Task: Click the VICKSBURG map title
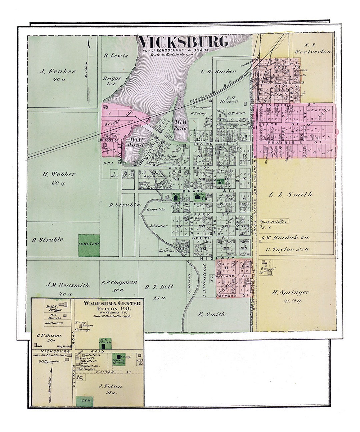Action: tap(183, 42)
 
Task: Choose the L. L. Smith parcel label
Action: tap(291, 194)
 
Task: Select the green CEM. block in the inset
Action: tap(84, 401)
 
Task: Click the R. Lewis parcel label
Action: tap(116, 56)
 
